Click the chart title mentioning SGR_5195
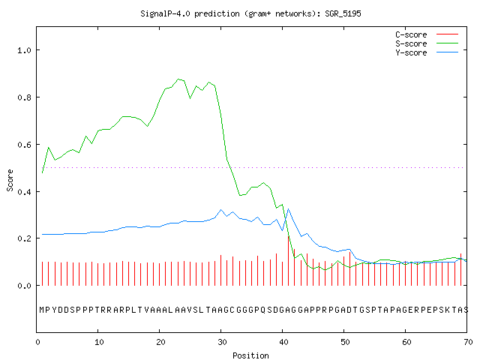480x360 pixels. [250, 13]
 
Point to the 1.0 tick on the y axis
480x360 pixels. [25, 50]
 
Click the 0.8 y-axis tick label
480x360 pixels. [25, 97]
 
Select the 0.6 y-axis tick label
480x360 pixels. [25, 145]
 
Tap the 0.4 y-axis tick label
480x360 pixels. [25, 192]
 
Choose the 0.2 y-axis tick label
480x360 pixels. [25, 238]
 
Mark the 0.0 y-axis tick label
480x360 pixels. [25, 286]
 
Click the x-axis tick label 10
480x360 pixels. [99, 342]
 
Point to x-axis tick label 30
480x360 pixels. [222, 342]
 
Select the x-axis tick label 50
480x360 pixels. [345, 342]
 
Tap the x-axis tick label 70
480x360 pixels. [468, 342]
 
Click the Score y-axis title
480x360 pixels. [10, 180]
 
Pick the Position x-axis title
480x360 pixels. [250, 355]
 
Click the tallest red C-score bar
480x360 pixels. [288, 261]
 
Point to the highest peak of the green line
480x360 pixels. [178, 79]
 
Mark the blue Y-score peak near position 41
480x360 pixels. [288, 209]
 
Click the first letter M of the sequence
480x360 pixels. [42, 310]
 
